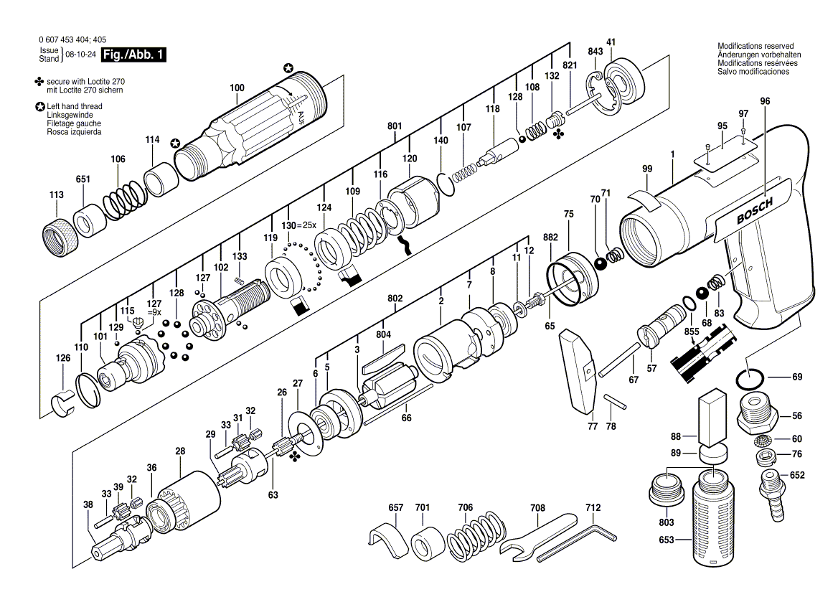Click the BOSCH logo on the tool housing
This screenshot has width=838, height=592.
click(x=755, y=212)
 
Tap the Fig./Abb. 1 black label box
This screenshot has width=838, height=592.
click(x=133, y=55)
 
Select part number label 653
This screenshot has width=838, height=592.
click(x=667, y=540)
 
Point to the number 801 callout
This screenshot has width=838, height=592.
click(x=395, y=126)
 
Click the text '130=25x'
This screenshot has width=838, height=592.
click(x=298, y=225)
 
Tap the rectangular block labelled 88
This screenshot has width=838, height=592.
click(x=712, y=418)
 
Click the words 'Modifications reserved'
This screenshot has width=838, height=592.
click(x=755, y=46)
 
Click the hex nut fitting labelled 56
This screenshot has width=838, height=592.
click(x=757, y=412)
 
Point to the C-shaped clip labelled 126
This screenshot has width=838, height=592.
click(x=64, y=402)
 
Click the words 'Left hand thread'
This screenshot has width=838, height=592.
click(x=75, y=106)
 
